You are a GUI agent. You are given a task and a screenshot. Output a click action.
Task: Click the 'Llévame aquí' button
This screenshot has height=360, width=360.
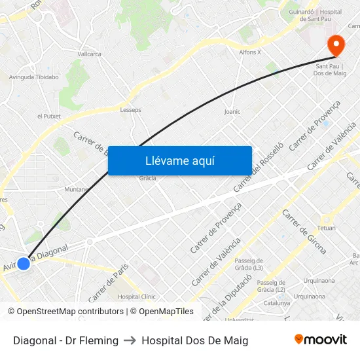coord(179,160)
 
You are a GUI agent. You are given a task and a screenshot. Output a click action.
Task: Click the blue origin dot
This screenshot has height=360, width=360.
coord(24,263)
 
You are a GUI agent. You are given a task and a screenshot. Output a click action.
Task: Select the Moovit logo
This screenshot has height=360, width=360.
coord(320,340)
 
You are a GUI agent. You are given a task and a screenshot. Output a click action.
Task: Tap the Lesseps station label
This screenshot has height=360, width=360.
coord(130,110)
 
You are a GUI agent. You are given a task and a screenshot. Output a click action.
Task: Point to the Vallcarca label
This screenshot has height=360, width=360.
coord(89,54)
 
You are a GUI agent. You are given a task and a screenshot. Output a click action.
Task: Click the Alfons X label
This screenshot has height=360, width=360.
coord(249,52)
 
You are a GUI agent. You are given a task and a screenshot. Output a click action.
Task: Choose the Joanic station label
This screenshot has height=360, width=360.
coord(232,112)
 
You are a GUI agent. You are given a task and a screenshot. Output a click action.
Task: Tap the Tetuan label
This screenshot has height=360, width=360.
coord(326,228)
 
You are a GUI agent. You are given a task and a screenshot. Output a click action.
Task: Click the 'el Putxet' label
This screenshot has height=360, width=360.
coord(49,116)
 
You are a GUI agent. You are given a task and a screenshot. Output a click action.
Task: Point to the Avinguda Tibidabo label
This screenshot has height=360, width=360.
coord(33,77)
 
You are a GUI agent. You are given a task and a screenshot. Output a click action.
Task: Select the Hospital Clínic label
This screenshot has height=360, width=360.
coord(136,297)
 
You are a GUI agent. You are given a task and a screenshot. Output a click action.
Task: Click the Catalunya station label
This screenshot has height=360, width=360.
coord(276,303)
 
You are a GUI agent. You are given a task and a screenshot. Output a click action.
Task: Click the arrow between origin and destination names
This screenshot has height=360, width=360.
coord(130,340)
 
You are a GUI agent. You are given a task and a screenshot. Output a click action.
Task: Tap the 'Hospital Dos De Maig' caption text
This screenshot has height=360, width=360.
coord(194,340)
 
